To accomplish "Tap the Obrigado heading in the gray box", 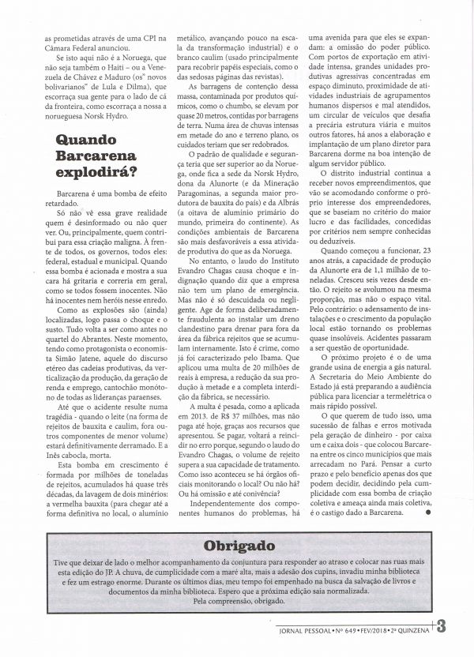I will point(236,545).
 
